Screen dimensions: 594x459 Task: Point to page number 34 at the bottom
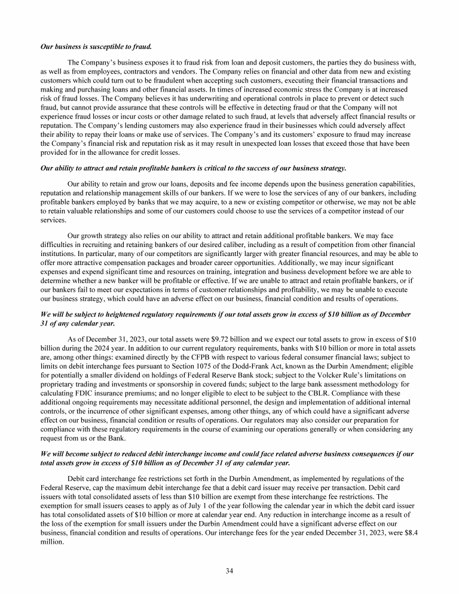tap(229, 571)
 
